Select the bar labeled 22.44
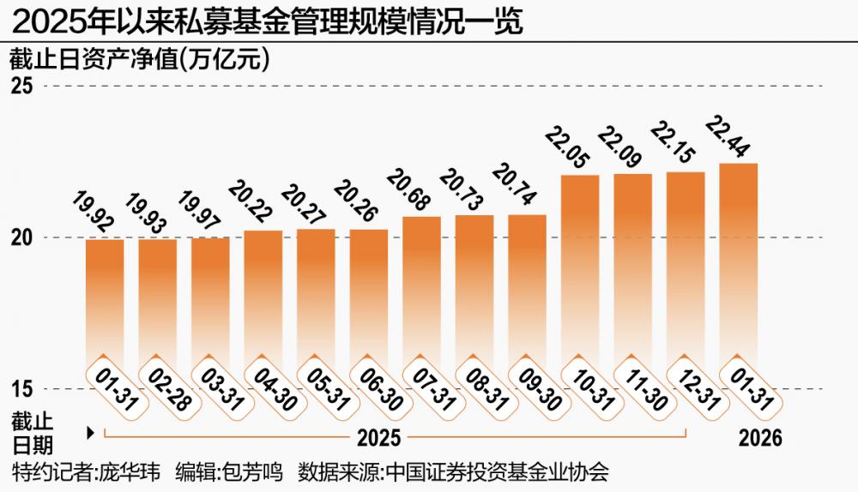738,266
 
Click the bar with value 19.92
105,300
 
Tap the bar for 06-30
368,296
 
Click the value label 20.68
402,188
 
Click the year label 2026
760,438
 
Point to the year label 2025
378,438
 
